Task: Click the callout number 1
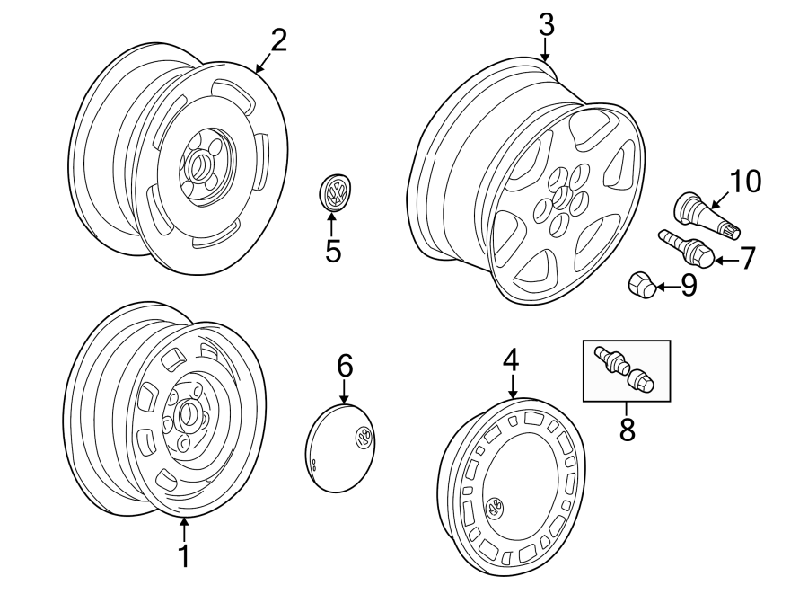183,557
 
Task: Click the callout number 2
278,40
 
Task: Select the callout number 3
546,26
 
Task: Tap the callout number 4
510,360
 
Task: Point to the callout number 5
333,252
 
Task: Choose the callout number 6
346,366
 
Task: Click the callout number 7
747,260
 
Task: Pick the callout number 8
627,429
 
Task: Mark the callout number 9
688,287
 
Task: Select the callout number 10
744,182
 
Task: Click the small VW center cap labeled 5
336,193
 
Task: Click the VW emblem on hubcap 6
364,438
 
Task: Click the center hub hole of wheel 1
189,415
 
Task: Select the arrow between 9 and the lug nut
666,288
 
